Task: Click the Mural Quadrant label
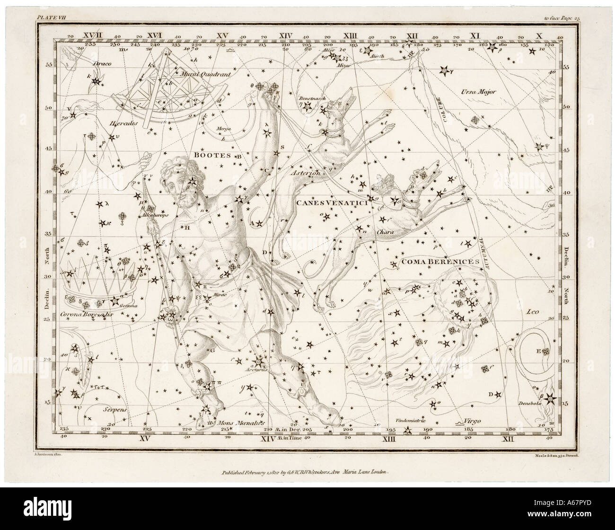coord(198,74)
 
